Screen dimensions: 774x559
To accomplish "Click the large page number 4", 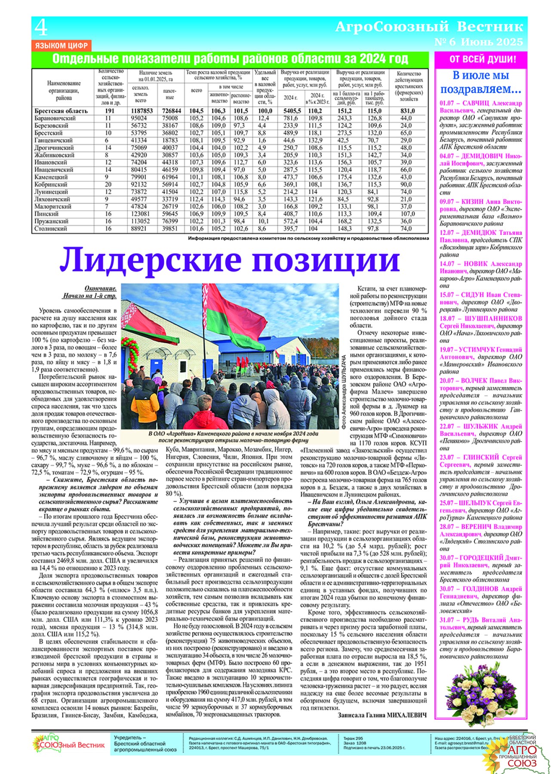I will coord(41,28).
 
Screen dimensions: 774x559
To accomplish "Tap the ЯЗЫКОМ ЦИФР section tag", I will coord(61,46).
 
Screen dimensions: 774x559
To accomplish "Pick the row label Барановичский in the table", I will coord(55,118).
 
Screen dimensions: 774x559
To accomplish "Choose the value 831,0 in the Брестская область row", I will coord(408,111).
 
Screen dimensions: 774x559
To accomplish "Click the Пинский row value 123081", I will coord(140,214).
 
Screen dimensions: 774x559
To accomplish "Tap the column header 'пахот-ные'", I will coord(170,94).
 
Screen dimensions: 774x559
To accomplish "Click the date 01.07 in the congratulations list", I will coord(447,103).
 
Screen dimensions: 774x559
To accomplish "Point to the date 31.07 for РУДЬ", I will coord(447,620).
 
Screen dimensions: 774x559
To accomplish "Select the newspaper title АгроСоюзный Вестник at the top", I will coord(429,27).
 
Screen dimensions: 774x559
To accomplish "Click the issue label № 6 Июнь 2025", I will coord(479,42).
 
